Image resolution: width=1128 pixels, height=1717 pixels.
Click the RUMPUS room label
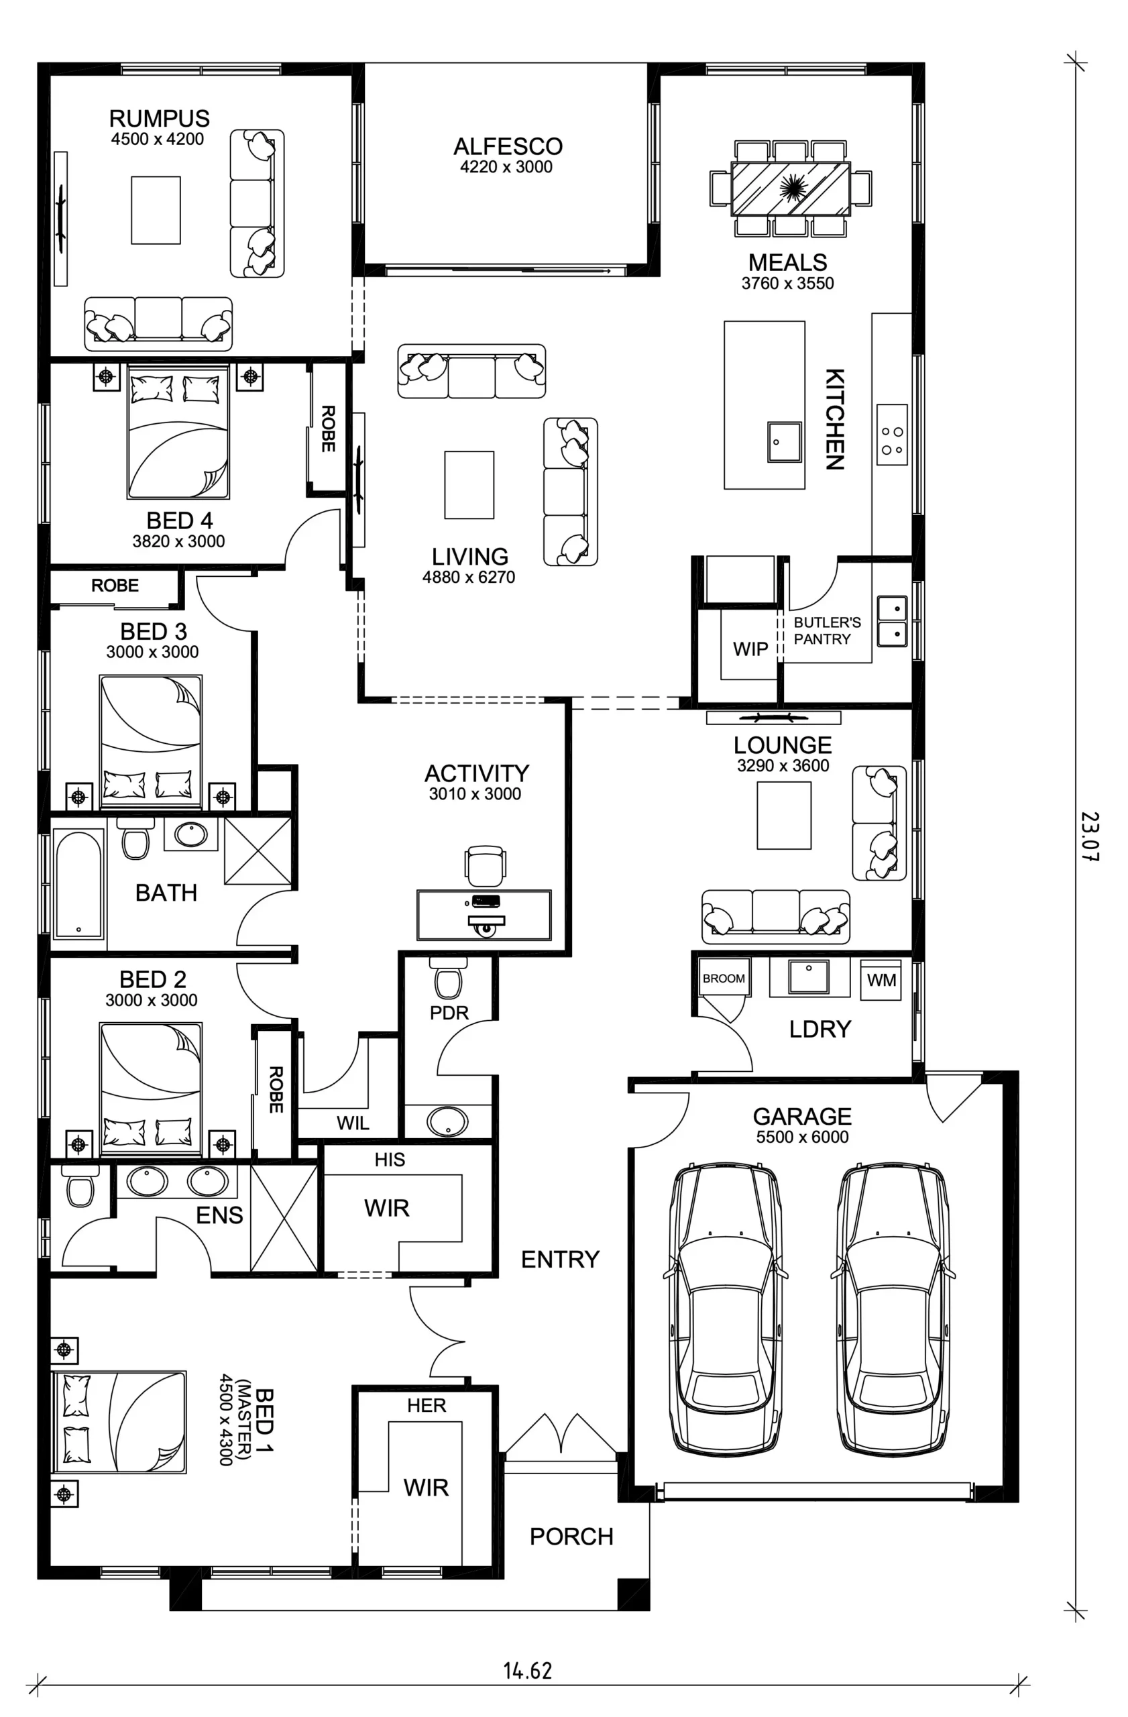pyautogui.click(x=160, y=118)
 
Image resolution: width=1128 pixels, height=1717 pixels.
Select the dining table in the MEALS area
pyautogui.click(x=791, y=188)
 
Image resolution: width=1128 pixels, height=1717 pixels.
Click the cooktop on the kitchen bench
pyautogui.click(x=892, y=435)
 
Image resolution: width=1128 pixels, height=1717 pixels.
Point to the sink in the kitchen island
pyautogui.click(x=784, y=441)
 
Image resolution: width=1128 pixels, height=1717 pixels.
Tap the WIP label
pyautogui.click(x=750, y=649)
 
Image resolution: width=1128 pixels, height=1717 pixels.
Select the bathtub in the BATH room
pyautogui.click(x=78, y=885)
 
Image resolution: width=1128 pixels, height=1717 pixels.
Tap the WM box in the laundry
pyautogui.click(x=881, y=981)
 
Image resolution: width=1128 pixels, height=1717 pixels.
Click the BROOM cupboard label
pyautogui.click(x=724, y=979)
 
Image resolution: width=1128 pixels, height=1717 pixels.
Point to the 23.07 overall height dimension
pyautogui.click(x=1090, y=836)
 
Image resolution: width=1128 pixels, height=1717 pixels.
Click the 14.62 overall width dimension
pyautogui.click(x=527, y=1671)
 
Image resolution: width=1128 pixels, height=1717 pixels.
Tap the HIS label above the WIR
pyautogui.click(x=390, y=1160)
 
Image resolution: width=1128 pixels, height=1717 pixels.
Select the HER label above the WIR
pyautogui.click(x=427, y=1405)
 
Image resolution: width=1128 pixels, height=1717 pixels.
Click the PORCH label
pyautogui.click(x=571, y=1537)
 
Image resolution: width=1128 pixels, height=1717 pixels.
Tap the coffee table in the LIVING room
pyautogui.click(x=469, y=485)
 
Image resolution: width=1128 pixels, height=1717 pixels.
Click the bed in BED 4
pyautogui.click(x=178, y=431)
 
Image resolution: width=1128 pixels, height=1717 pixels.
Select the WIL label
pyautogui.click(x=353, y=1123)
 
